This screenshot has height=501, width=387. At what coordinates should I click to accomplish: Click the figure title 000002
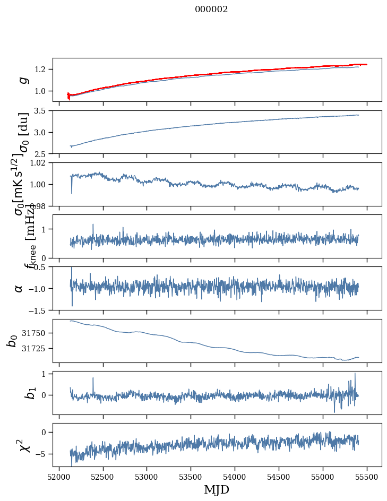tap(211, 10)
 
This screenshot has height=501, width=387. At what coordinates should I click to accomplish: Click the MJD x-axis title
tap(217, 489)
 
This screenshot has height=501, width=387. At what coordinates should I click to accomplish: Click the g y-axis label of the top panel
tap(23, 80)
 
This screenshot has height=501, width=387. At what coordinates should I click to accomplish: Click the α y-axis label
tap(19, 288)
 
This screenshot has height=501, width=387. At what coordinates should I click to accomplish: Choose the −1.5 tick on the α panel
tap(40, 310)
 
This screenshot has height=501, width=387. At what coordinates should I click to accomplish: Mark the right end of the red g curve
tap(366, 64)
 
